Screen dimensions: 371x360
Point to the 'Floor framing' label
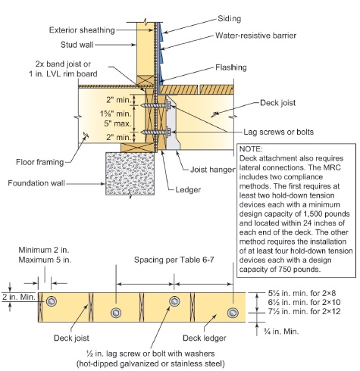tap(41, 161)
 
